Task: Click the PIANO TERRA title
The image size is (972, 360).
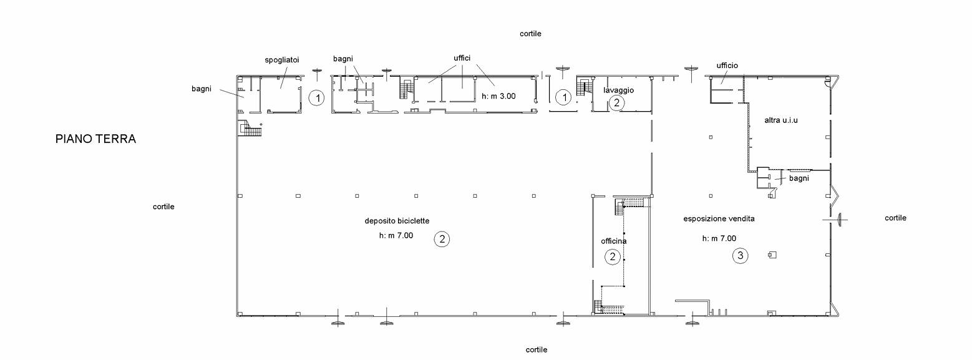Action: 95,139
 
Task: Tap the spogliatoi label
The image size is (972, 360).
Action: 282,60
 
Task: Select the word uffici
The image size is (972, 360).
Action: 462,58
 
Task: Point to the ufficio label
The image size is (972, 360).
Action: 727,66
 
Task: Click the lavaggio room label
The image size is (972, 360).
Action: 618,90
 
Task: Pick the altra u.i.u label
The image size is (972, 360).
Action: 781,120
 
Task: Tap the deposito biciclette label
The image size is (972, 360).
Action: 397,221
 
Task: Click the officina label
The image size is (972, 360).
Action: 613,241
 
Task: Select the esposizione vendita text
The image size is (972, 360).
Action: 719,218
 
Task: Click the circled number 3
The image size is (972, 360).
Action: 741,255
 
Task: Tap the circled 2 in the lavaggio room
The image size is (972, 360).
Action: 616,103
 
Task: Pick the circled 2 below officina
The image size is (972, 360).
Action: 612,257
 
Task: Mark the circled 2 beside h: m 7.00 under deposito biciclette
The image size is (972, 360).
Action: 442,239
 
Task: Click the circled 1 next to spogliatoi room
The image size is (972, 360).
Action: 317,98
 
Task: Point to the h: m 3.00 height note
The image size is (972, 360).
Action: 498,96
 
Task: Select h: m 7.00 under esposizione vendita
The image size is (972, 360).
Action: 719,238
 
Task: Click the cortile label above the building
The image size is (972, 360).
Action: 530,34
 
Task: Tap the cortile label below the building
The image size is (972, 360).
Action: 537,349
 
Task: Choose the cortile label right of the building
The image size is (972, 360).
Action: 896,218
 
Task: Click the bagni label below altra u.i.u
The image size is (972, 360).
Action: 799,178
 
